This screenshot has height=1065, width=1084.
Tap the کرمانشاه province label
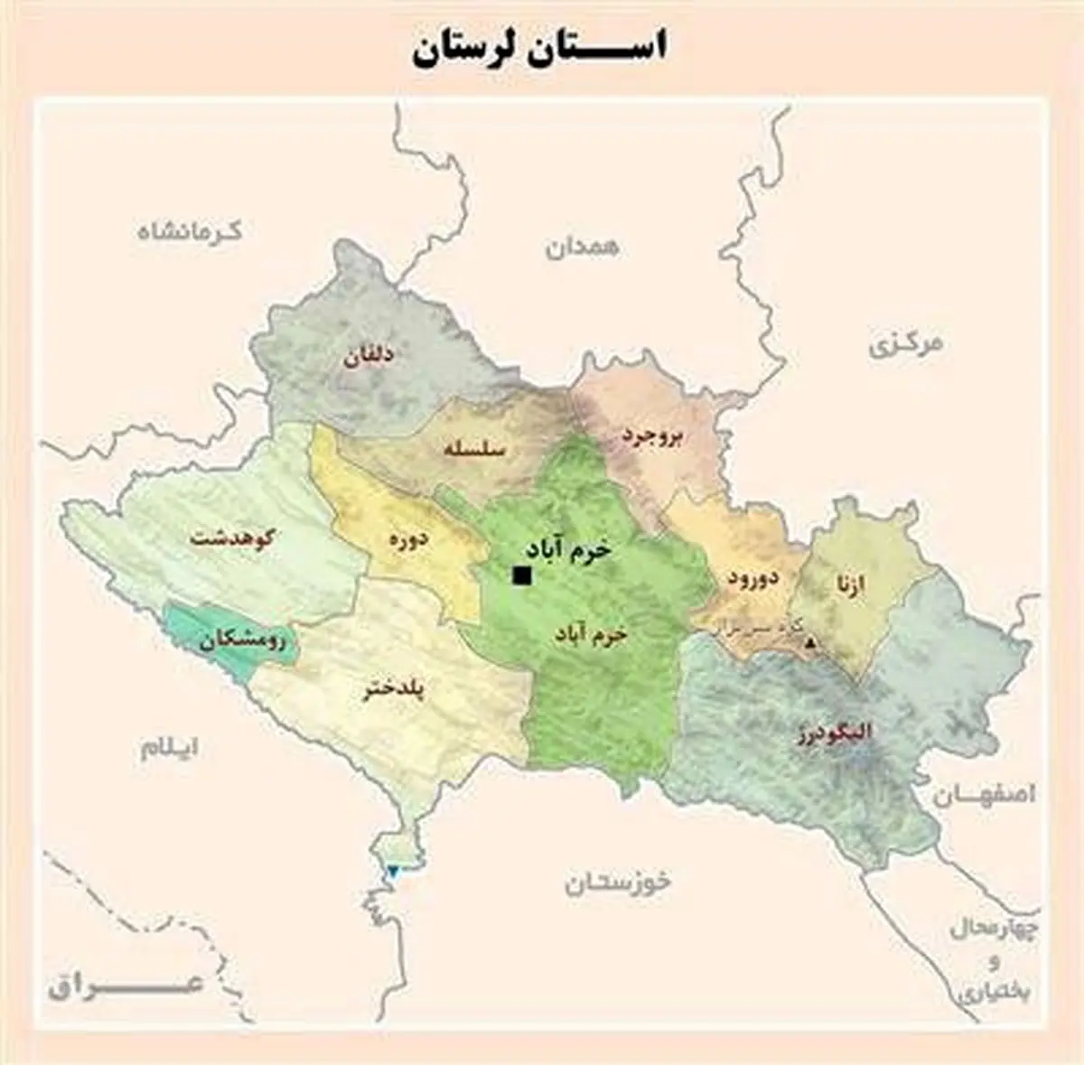190,230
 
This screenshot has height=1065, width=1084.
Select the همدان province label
582,248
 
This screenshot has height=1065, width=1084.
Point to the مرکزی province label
905,346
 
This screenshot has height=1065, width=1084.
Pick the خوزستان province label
618,883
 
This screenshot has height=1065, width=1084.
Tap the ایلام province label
169,748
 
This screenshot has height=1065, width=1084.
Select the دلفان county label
368,357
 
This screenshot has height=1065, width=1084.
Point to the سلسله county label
475,448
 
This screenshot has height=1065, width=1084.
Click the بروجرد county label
652,435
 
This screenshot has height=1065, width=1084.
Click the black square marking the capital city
521,575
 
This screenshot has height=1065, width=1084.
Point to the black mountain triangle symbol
810,643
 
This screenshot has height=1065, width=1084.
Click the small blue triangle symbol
393,871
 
